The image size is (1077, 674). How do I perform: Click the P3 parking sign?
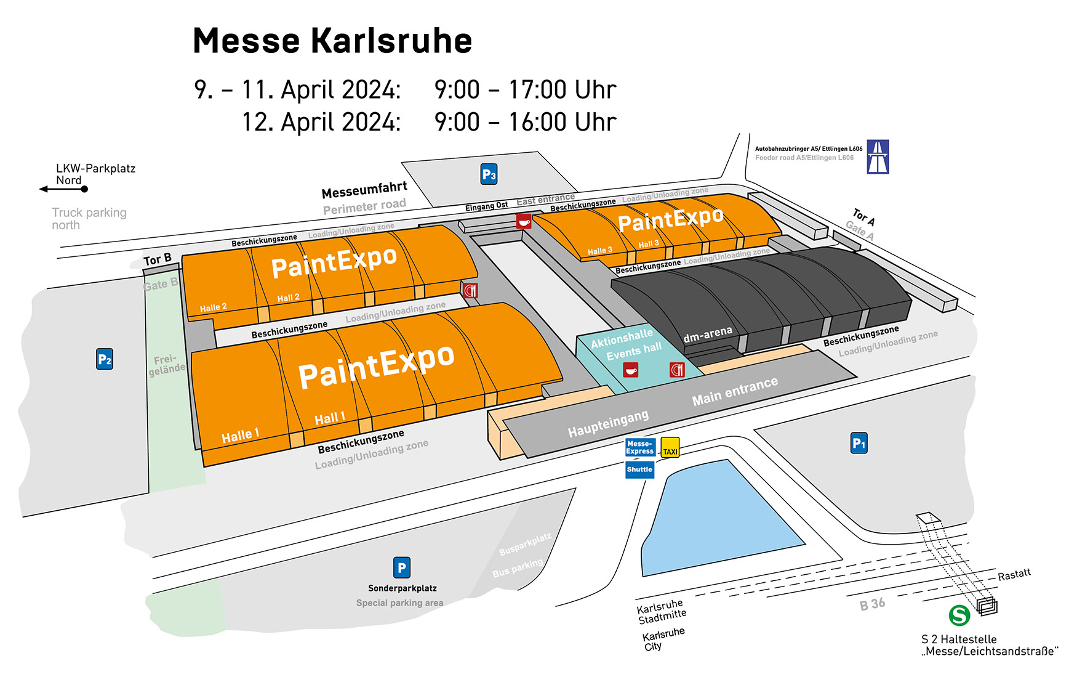489,174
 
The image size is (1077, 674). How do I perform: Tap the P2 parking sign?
105,359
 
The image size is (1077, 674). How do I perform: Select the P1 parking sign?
859,443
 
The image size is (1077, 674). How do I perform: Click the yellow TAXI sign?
670,447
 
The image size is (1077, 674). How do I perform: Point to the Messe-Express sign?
640,447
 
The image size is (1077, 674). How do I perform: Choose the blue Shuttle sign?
639,469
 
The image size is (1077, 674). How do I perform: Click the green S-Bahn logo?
959,615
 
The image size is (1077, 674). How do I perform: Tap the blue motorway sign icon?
878,156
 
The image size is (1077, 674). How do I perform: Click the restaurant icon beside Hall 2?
470,290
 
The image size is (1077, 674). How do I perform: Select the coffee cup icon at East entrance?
524,221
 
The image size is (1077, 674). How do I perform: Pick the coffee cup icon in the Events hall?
631,370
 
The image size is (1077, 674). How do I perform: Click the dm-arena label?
708,335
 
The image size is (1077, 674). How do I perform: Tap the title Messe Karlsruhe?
332,41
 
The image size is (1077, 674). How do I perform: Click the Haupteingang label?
607,424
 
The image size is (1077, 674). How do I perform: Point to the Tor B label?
158,259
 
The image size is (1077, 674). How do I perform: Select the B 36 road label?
872,604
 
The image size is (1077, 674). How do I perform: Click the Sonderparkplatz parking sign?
401,567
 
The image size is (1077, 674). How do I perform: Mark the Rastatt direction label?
1014,575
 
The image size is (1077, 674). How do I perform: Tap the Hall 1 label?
329,419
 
